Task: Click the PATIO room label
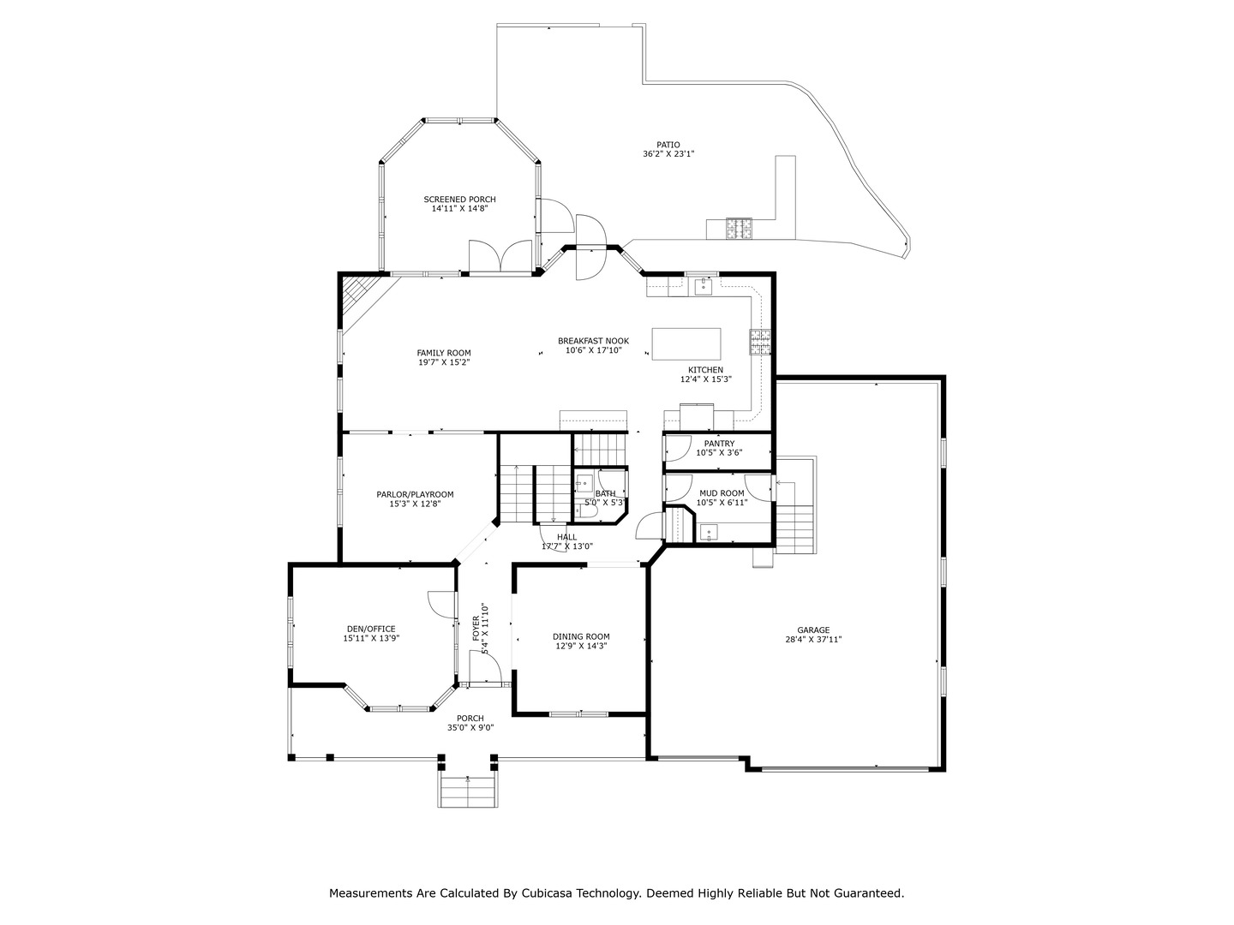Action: click(668, 145)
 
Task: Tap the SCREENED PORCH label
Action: click(459, 200)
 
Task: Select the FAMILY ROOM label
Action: click(444, 353)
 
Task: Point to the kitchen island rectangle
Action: click(686, 343)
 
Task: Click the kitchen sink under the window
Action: click(703, 285)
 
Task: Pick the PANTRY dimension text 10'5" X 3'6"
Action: click(719, 452)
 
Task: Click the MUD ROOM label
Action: click(721, 493)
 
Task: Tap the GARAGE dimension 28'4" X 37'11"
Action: click(813, 639)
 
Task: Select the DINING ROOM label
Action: click(581, 636)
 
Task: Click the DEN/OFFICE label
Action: click(371, 629)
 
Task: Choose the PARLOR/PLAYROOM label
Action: click(415, 494)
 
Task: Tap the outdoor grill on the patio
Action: click(740, 228)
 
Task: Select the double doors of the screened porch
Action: click(501, 257)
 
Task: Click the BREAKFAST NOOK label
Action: click(593, 341)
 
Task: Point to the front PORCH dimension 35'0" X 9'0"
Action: click(470, 728)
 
